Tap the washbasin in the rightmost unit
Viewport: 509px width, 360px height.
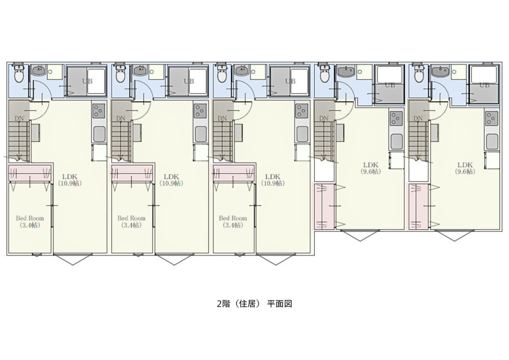pyautogui.click(x=440, y=71)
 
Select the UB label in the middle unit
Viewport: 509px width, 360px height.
pyautogui.click(x=290, y=81)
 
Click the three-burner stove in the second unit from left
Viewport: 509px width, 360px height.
pyautogui.click(x=200, y=111)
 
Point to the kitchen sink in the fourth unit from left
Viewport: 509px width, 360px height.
pyautogui.click(x=397, y=142)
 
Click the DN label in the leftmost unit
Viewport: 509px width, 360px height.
pyautogui.click(x=19, y=118)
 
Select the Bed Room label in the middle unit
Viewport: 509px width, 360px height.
pyautogui.click(x=233, y=221)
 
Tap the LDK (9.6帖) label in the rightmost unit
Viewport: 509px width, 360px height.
pyautogui.click(x=465, y=168)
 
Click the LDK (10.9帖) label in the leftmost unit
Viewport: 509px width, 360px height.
pyautogui.click(x=70, y=180)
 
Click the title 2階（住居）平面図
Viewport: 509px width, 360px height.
pyautogui.click(x=254, y=304)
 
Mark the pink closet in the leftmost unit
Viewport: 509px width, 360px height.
pyautogui.click(x=29, y=173)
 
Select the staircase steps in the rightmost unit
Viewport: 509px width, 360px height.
pyautogui.click(x=418, y=141)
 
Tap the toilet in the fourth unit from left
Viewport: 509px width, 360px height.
pyautogui.click(x=324, y=74)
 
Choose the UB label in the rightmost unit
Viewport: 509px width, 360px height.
pyautogui.click(x=484, y=85)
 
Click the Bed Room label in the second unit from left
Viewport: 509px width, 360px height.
pyautogui.click(x=131, y=221)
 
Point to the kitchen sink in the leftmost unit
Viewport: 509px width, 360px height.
pyautogui.click(x=99, y=134)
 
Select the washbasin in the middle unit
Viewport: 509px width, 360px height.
pyautogui.click(x=243, y=70)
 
